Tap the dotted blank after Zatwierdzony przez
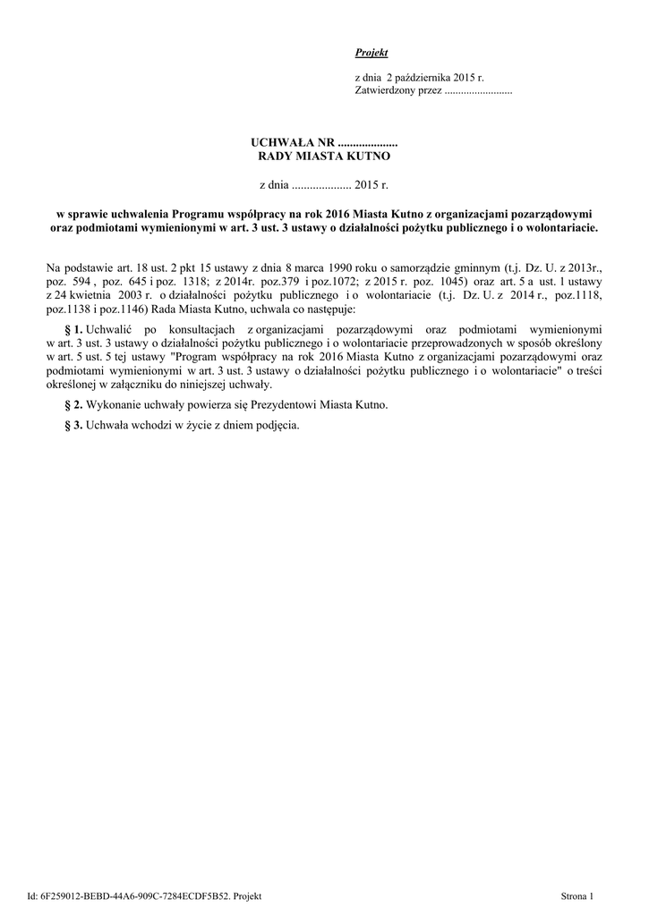(x=478, y=92)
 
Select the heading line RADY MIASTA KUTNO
(x=324, y=157)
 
